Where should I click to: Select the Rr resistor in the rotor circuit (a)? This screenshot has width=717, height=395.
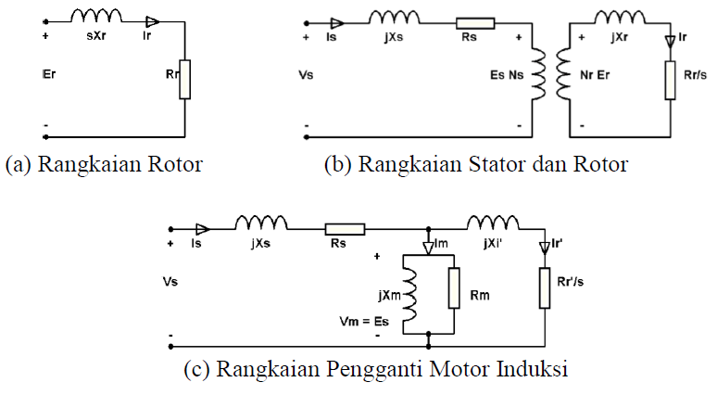[x=185, y=79]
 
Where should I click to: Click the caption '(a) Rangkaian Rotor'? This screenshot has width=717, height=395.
[x=104, y=165]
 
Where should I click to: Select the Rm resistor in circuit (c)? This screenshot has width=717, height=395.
[x=454, y=287]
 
